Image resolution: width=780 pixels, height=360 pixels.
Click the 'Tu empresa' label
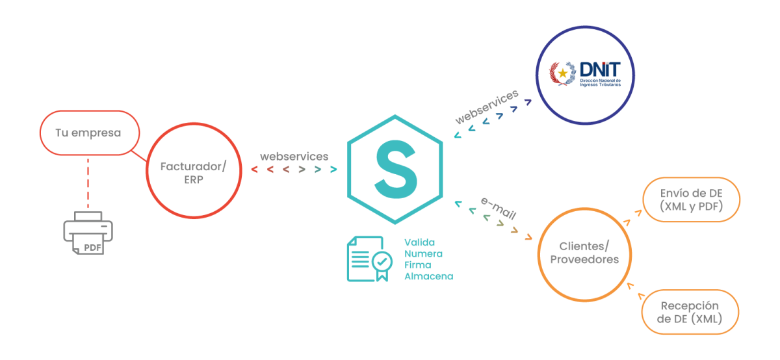tap(88, 133)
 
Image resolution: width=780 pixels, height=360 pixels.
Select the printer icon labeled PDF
tap(88, 233)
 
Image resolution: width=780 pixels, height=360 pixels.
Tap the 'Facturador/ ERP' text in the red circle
tap(194, 173)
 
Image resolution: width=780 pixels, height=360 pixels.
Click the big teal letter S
tap(396, 170)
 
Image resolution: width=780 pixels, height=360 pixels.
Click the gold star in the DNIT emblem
tap(563, 73)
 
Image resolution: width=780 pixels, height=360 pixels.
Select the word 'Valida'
tap(420, 242)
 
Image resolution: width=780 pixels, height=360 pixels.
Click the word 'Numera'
tap(423, 254)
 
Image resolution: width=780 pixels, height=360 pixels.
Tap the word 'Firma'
tap(418, 265)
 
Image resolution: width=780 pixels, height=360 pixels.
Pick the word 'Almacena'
tap(428, 276)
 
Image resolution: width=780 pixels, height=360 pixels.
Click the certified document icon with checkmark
tap(370, 259)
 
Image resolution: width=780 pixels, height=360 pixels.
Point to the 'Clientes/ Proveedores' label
tap(584, 253)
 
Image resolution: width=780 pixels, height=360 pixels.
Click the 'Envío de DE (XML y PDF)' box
tap(691, 199)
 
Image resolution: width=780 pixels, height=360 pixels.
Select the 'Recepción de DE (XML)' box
tap(690, 312)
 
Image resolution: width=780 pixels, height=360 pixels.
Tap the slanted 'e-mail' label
tap(499, 208)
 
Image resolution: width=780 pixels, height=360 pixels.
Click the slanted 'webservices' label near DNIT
tap(487, 107)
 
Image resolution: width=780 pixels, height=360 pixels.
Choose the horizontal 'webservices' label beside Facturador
tap(294, 157)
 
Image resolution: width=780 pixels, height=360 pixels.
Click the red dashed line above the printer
tap(88, 183)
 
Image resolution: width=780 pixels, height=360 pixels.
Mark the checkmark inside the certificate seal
tap(382, 261)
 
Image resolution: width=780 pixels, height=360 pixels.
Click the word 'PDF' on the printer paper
tap(92, 248)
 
